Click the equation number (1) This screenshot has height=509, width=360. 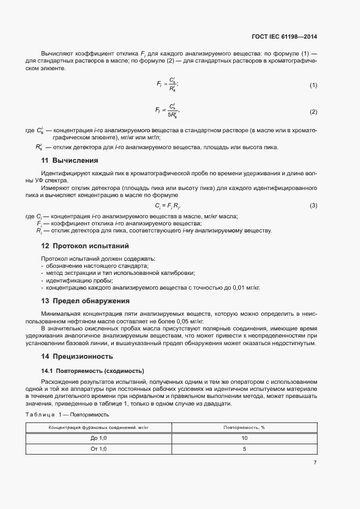(x=313, y=85)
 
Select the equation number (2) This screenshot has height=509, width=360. (x=313, y=112)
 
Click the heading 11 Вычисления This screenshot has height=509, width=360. (x=70, y=160)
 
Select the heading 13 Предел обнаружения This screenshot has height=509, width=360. (x=85, y=301)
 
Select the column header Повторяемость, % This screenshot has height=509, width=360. (x=244, y=428)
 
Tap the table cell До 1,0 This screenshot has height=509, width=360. (x=99, y=438)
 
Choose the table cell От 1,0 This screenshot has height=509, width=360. (x=99, y=449)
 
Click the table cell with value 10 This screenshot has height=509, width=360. (x=244, y=438)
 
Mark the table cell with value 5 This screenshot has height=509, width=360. (x=244, y=449)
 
